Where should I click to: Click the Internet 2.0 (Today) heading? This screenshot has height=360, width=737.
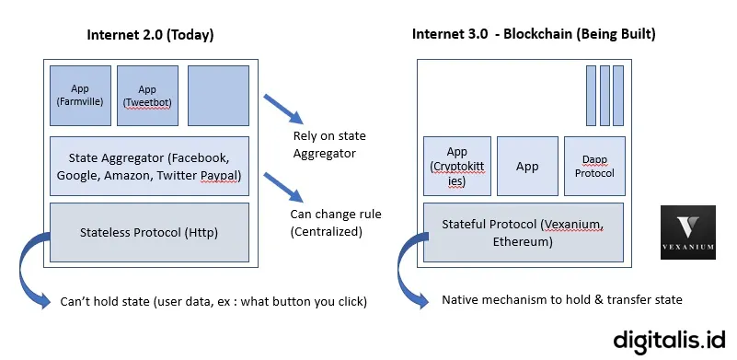pyautogui.click(x=150, y=35)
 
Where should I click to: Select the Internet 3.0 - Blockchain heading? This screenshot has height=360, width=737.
pyautogui.click(x=534, y=35)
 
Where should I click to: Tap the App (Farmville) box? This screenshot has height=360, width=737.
pyautogui.click(x=79, y=96)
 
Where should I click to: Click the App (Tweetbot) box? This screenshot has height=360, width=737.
pyautogui.click(x=147, y=96)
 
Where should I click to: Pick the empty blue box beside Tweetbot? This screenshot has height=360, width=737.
pyautogui.click(x=218, y=96)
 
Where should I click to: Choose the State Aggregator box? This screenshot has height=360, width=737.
pyautogui.click(x=149, y=166)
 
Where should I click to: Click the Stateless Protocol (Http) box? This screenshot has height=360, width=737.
pyautogui.click(x=149, y=232)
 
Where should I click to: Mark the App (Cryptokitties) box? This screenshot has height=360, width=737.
pyautogui.click(x=456, y=167)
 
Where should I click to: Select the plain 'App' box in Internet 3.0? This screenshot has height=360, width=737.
pyautogui.click(x=527, y=167)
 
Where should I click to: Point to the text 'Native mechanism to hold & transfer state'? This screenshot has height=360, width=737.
pyautogui.click(x=561, y=300)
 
